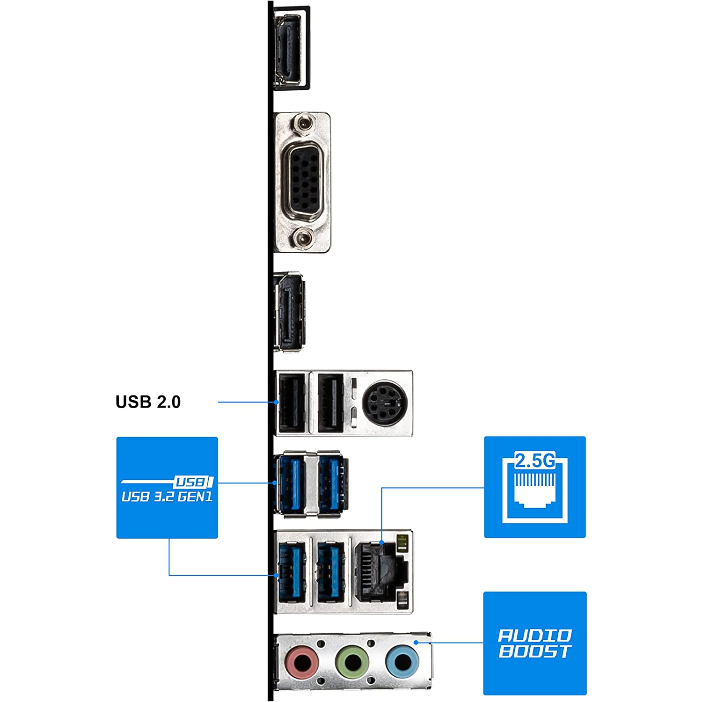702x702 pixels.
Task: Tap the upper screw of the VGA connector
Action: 304,124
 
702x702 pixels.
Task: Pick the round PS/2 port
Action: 385,403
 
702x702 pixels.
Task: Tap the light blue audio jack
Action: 402,661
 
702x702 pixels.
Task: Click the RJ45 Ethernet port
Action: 375,572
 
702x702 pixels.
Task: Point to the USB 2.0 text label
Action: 148,402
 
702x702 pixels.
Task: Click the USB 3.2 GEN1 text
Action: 167,497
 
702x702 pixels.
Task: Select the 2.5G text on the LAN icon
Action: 535,461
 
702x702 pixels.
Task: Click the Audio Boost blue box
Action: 535,643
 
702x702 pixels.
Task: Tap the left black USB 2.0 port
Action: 292,403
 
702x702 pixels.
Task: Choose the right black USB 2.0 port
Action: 330,403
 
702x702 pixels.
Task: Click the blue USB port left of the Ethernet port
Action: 330,572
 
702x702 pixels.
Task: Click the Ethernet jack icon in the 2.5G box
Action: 535,489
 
